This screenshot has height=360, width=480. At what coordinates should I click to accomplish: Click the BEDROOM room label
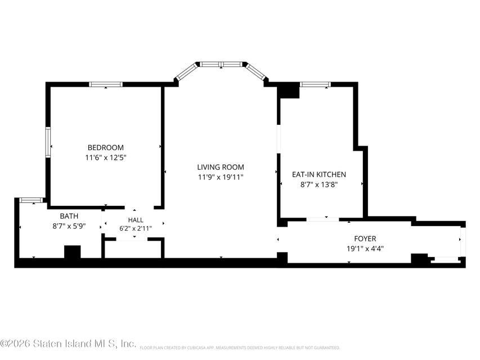pos(106,147)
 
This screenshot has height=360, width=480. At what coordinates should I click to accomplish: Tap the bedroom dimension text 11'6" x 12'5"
pos(106,158)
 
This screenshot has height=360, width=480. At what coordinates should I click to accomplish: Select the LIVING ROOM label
pos(221,167)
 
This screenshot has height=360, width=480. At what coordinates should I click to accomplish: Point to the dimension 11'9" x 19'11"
pos(221,177)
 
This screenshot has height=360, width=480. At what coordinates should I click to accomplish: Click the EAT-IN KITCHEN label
pos(319,174)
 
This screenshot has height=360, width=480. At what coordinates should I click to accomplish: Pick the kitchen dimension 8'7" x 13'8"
pos(319,185)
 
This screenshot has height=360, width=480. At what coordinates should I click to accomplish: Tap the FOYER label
pos(365,238)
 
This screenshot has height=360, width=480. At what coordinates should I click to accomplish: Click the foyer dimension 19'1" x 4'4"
pos(365,249)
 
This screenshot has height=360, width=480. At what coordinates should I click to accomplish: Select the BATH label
pos(69,216)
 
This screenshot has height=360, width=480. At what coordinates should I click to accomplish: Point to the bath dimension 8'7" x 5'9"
pos(69,226)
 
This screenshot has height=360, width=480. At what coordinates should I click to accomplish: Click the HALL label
pos(136,220)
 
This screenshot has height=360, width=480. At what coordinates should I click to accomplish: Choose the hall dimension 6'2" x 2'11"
pos(136,228)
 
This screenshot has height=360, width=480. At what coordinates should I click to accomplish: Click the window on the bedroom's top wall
pos(106,84)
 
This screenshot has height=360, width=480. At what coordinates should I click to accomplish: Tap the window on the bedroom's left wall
pos(48,142)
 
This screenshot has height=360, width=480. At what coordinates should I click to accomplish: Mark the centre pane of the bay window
pos(221,64)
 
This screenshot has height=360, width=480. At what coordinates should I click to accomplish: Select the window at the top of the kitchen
pos(315,84)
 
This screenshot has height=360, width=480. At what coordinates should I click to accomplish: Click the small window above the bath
pos(31,200)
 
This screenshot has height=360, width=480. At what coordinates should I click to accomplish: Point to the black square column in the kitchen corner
pos(288,91)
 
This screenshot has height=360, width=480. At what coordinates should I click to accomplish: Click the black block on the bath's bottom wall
pos(73,252)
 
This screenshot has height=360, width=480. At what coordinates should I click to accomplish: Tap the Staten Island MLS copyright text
pos(68,344)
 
